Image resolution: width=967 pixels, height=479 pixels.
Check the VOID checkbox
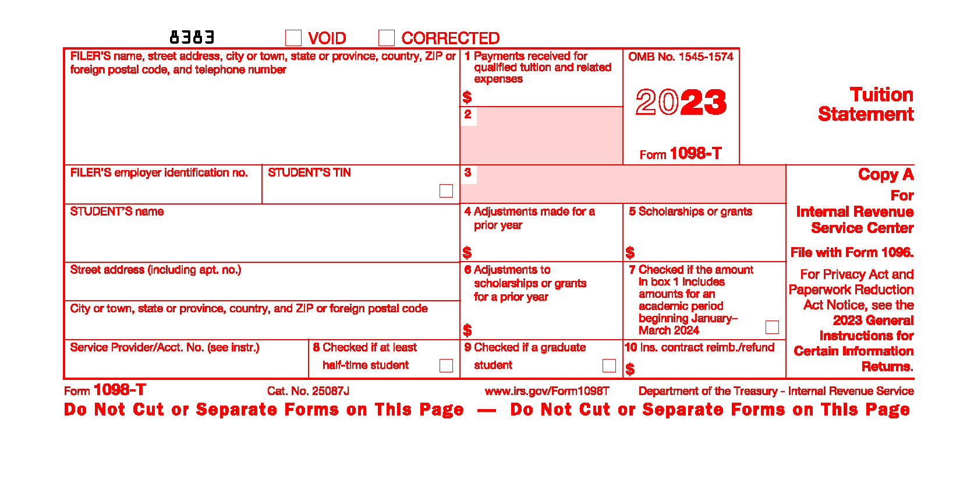click(x=293, y=38)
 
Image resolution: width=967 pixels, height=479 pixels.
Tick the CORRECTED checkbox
click(x=387, y=38)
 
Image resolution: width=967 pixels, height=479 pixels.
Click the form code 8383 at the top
click(x=192, y=38)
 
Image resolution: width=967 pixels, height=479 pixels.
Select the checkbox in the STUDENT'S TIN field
click(x=446, y=191)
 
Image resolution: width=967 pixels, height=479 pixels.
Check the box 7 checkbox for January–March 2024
click(x=772, y=327)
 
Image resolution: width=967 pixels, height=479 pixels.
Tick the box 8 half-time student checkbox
click(x=446, y=365)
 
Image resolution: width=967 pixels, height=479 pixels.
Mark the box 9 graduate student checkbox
click(x=609, y=365)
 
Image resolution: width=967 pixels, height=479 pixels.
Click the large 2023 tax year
click(x=681, y=103)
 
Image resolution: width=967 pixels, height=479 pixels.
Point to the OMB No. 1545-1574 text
click(x=681, y=57)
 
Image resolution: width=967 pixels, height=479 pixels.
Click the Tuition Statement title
click(x=866, y=104)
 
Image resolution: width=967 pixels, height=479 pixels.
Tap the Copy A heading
click(x=885, y=174)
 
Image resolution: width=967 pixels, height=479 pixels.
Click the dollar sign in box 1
click(x=467, y=97)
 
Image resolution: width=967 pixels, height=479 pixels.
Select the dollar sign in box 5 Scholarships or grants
click(x=630, y=252)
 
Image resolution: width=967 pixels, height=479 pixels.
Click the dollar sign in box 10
click(x=630, y=369)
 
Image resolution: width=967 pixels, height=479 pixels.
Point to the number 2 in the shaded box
click(x=468, y=114)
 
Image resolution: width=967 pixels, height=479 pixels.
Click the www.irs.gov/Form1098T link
click(x=547, y=391)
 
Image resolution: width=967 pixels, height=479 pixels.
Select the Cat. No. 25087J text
click(x=308, y=391)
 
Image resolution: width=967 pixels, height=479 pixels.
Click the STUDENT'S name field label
click(x=117, y=212)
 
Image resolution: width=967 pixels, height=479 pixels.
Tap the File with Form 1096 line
click(x=852, y=252)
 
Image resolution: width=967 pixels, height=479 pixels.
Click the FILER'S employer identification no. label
click(x=159, y=172)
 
